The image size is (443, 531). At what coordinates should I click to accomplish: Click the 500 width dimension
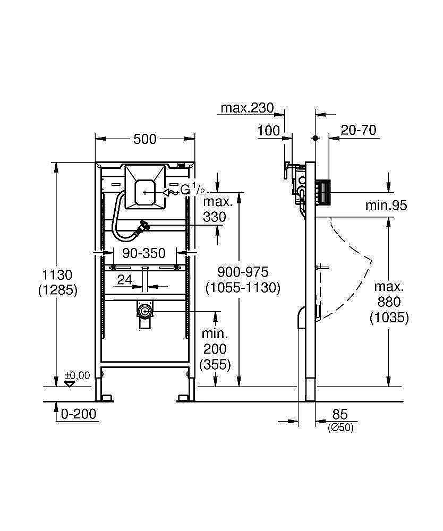point(144,139)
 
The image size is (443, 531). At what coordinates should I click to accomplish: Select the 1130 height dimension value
point(58,275)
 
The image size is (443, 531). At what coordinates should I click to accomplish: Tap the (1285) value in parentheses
point(58,290)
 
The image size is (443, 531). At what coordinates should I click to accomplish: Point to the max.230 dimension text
point(247,108)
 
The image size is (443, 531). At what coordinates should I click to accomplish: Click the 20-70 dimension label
point(359,131)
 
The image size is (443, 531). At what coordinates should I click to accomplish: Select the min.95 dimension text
point(386,205)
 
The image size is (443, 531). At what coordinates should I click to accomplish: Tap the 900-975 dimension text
point(243,272)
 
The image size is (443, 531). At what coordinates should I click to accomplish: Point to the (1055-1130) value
point(243,287)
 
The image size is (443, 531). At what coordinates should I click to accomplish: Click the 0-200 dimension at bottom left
point(79,414)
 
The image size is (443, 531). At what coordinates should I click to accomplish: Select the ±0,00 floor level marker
point(77,376)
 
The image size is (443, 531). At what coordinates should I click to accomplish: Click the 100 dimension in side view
point(269,131)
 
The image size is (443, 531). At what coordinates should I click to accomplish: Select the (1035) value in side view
point(389,318)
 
